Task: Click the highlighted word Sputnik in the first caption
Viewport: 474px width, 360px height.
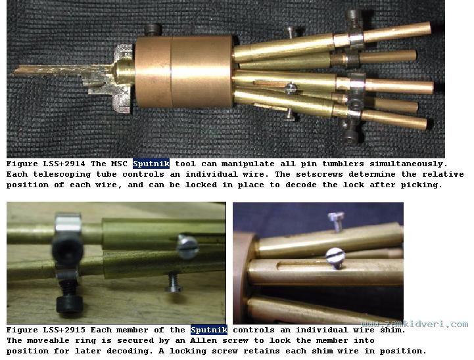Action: click(151, 164)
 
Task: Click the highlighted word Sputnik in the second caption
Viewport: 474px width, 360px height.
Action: click(209, 330)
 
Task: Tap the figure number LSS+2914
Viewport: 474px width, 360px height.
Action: click(64, 164)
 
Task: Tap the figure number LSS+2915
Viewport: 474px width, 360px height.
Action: click(64, 330)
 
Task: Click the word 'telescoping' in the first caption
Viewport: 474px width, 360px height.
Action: click(62, 175)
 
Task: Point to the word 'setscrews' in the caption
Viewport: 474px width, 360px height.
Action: click(320, 174)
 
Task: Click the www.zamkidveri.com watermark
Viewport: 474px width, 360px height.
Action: click(415, 325)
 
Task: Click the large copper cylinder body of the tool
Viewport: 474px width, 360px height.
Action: click(183, 72)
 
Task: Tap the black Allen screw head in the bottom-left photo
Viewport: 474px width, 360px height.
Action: click(69, 305)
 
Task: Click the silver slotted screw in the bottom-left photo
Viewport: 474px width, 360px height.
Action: click(187, 246)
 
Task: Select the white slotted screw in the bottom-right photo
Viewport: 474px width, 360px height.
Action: click(335, 258)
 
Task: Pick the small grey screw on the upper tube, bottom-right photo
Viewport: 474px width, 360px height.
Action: click(336, 221)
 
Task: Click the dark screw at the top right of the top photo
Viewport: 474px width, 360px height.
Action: click(354, 18)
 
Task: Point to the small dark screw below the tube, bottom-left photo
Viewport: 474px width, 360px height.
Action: click(173, 282)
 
